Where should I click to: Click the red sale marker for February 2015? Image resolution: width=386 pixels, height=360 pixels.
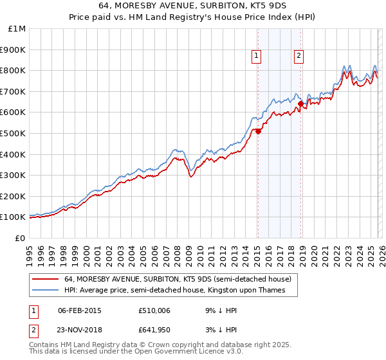pos(258,131)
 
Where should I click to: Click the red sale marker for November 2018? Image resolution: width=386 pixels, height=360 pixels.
pos(300,104)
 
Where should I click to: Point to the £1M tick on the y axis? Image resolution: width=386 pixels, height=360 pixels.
pos(17,29)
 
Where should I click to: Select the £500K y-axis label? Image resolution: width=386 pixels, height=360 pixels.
pos(14,134)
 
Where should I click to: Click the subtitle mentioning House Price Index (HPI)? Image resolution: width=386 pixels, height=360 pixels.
pos(193,19)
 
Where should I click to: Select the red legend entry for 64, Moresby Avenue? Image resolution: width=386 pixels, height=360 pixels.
pos(178,279)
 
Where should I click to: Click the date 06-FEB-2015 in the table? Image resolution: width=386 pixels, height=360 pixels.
pos(80,310)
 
